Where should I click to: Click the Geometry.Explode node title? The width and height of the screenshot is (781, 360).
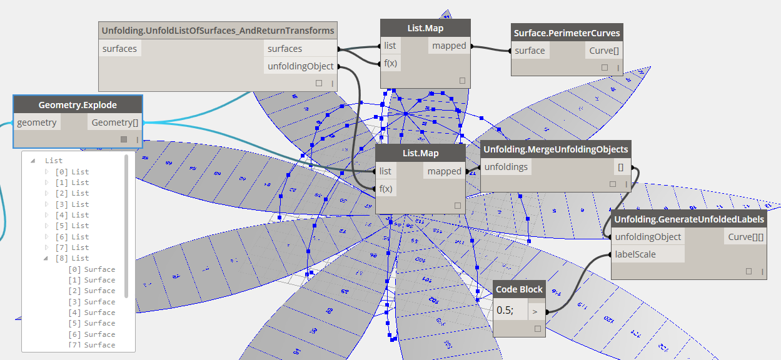tap(78, 104)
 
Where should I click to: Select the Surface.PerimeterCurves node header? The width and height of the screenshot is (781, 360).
tap(567, 33)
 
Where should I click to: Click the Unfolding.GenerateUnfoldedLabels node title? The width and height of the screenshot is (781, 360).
tap(688, 219)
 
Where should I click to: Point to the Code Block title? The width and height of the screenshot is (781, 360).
tap(519, 290)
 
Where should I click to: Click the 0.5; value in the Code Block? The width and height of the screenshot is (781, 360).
tap(505, 310)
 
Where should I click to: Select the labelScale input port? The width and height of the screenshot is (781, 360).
tap(635, 254)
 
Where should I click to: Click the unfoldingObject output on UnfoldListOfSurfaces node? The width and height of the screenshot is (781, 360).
tap(300, 66)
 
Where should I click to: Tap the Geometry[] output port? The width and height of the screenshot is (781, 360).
tap(113, 122)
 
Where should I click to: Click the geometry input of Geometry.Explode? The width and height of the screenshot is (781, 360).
tap(37, 122)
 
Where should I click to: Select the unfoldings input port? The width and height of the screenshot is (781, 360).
tap(506, 167)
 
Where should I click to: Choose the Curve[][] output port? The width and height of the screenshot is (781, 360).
tap(745, 237)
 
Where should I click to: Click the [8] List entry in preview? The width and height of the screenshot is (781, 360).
tap(73, 258)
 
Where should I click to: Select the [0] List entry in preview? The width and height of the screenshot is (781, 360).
tap(73, 172)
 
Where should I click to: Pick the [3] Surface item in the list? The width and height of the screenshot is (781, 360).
tap(92, 302)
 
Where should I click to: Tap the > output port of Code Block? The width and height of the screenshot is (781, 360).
tap(535, 310)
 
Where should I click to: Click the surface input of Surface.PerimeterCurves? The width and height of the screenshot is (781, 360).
tap(530, 51)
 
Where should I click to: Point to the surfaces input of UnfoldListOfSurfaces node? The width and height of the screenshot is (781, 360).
tap(119, 49)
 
